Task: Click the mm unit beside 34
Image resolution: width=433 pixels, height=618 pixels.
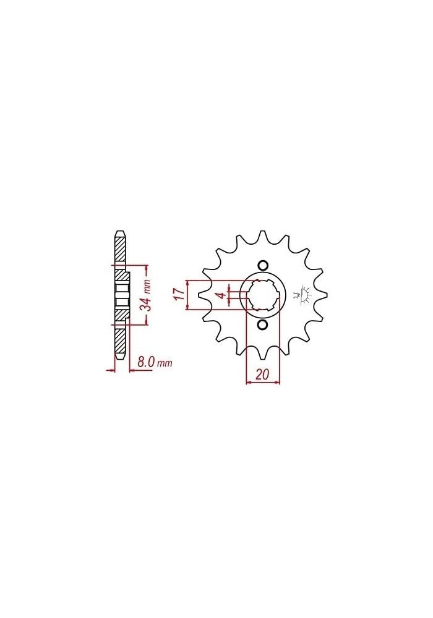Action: click(x=147, y=286)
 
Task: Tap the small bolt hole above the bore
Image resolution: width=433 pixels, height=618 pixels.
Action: click(x=262, y=266)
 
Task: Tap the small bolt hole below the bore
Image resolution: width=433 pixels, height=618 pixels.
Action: click(x=262, y=325)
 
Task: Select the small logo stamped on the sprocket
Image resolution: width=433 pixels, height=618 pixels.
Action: click(x=304, y=295)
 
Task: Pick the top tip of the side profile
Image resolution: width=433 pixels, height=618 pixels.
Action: click(x=121, y=233)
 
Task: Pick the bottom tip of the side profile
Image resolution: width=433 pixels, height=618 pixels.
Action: click(x=121, y=358)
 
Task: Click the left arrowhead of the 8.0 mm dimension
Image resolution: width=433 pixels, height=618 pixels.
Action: click(x=112, y=370)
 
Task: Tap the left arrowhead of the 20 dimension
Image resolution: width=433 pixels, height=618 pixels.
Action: click(x=249, y=383)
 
